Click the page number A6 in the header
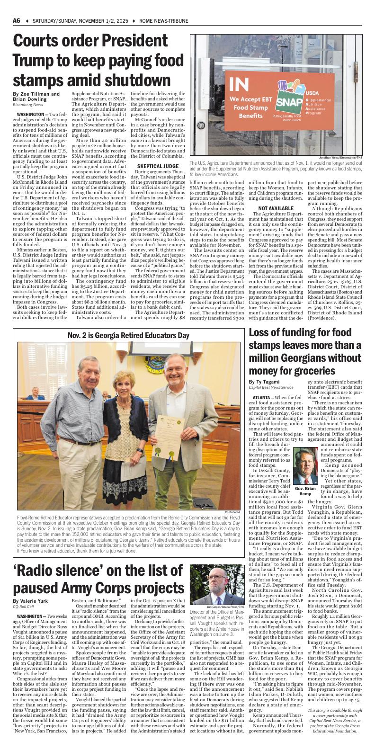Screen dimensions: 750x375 coord(17,21)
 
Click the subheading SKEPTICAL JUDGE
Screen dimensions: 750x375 coord(157,166)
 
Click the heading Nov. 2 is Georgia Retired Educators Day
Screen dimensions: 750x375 coord(128,335)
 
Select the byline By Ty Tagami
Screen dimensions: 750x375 coord(264,381)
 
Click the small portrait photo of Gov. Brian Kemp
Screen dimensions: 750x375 coord(305,466)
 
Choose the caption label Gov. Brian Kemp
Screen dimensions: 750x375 coord(305,491)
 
